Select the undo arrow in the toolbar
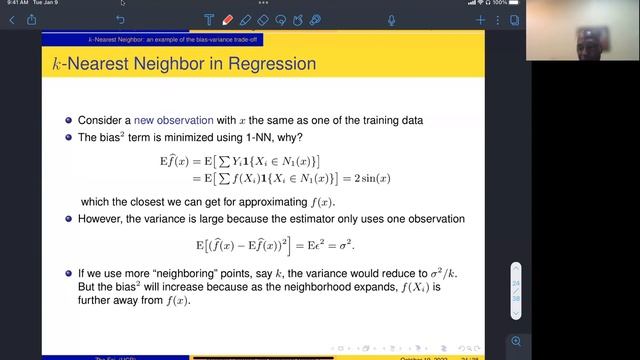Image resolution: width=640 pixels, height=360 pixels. click(x=121, y=19)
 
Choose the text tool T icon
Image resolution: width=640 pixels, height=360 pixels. click(x=209, y=19)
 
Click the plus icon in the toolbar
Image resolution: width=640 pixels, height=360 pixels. click(x=481, y=19)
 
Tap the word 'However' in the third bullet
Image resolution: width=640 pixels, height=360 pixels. click(x=99, y=218)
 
